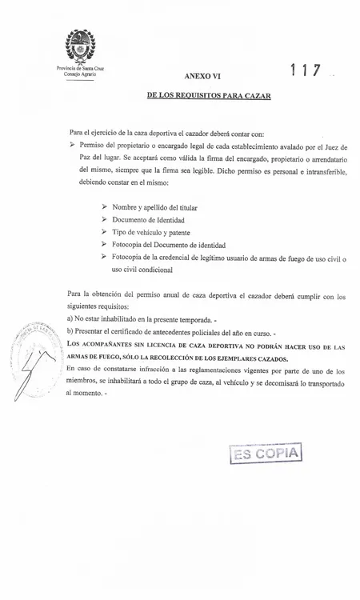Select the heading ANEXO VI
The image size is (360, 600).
[x=202, y=76]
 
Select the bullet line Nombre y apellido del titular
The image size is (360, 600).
[x=154, y=207]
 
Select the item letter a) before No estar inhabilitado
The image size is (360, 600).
[x=70, y=319]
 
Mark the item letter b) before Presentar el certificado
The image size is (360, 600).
[x=70, y=331]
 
